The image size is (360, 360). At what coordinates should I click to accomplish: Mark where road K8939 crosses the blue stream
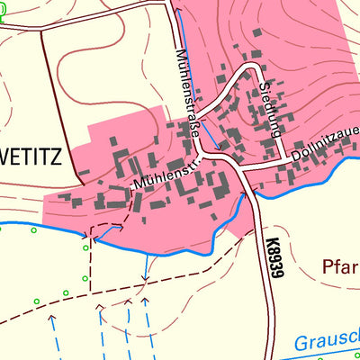pyautogui.click(x=253, y=192)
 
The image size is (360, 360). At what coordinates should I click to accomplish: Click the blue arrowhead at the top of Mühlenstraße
pyautogui.click(x=176, y=12)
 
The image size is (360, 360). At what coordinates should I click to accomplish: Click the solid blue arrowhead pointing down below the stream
pyautogui.click(x=146, y=275)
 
